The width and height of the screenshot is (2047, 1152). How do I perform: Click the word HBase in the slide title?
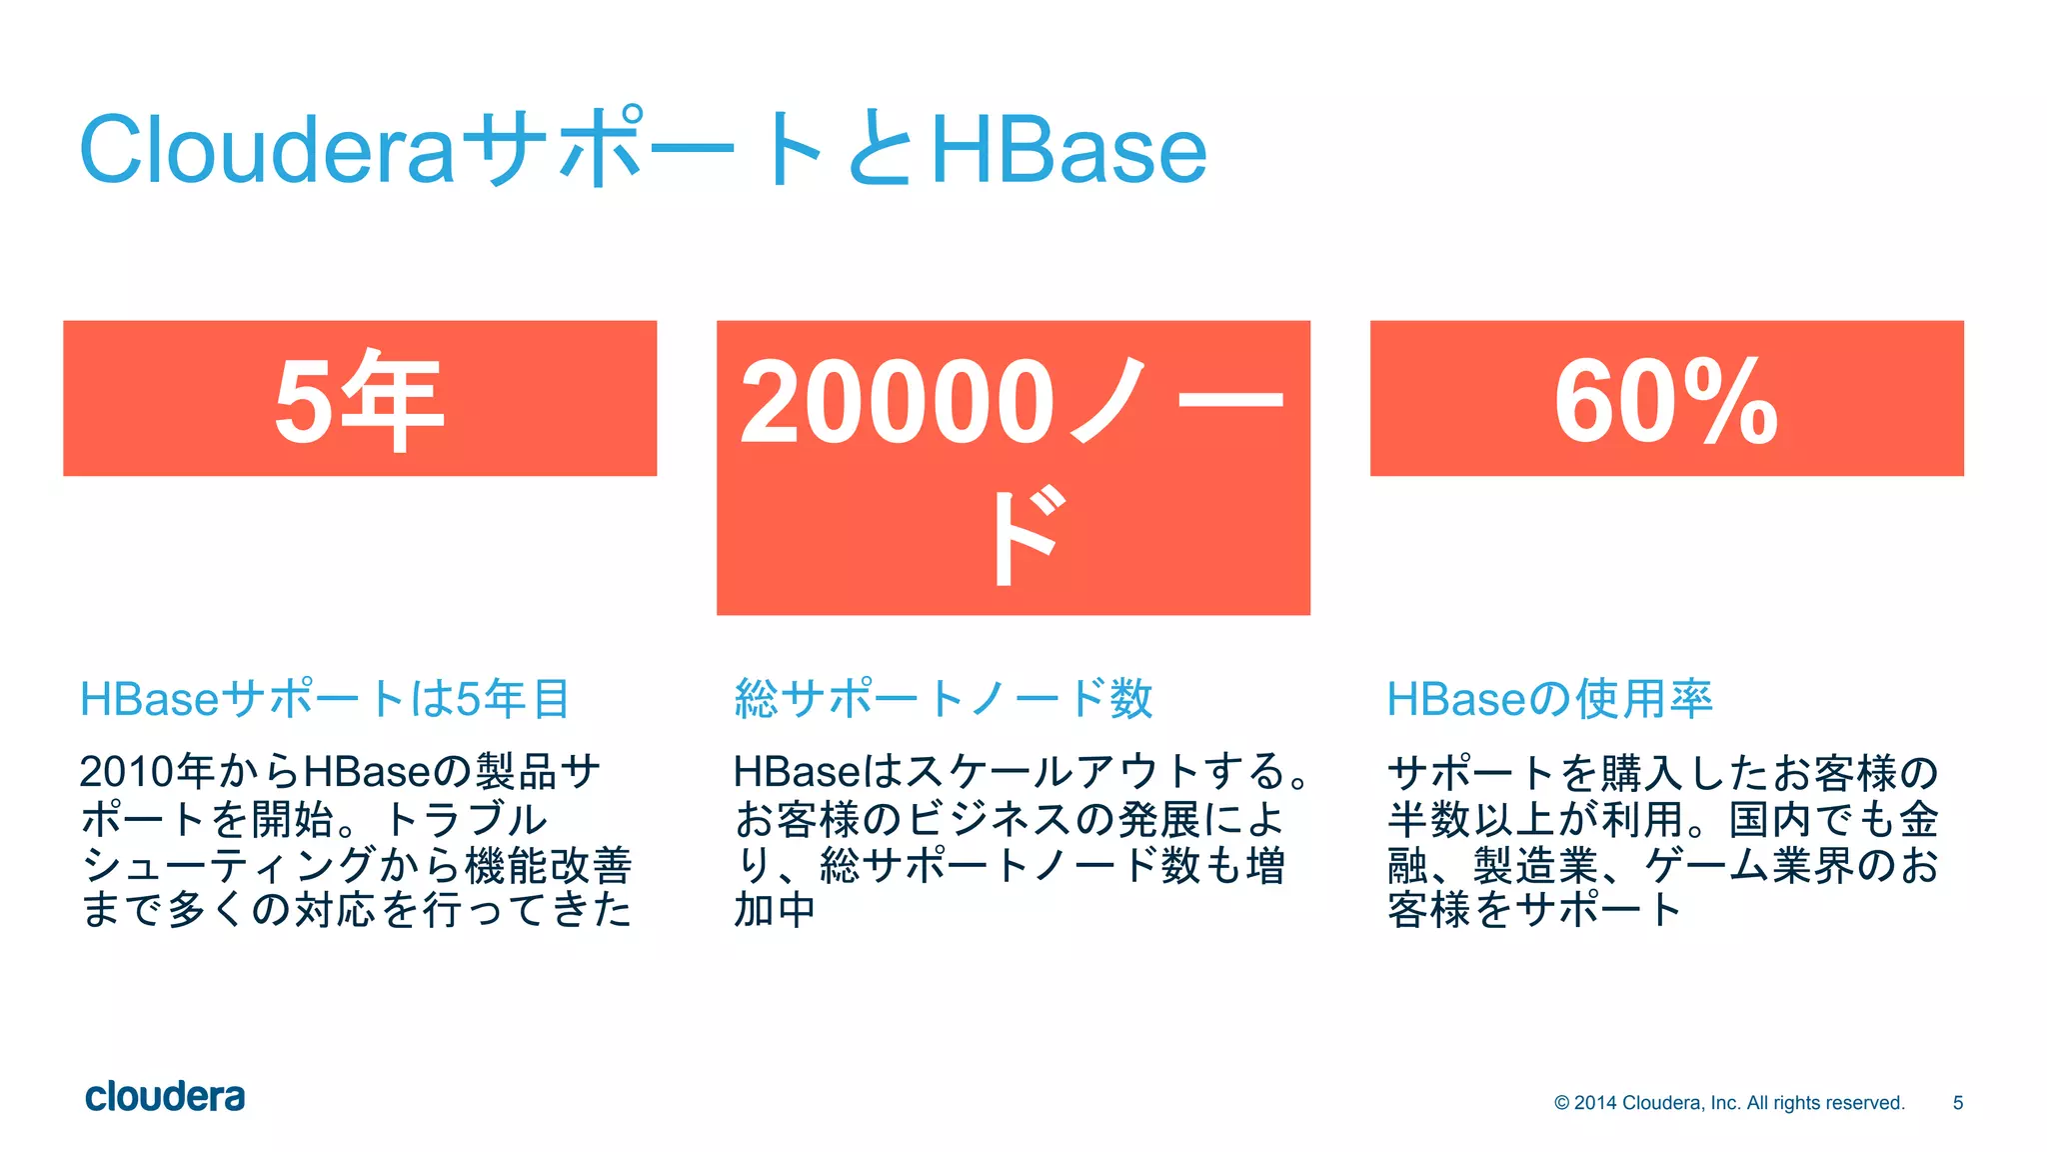coord(1067,150)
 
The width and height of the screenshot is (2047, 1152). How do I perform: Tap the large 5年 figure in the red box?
coord(359,400)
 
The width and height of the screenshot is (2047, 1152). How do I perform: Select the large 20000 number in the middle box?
coord(897,402)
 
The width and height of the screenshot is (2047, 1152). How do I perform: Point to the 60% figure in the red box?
coord(1666,402)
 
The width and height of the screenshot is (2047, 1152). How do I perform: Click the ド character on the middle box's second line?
coord(1024,536)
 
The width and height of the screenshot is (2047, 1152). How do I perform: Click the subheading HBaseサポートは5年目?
coord(326,698)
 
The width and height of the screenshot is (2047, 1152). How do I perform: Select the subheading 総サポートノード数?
coord(944,698)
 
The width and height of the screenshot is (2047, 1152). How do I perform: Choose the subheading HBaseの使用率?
coord(1549,698)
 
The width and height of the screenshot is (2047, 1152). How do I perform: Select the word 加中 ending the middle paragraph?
coord(775,910)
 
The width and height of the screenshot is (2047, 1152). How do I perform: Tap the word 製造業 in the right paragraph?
coord(1535,865)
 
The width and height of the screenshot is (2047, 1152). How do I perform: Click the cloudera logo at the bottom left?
coord(165,1097)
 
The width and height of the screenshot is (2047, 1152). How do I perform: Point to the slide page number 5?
coord(1957,1103)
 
